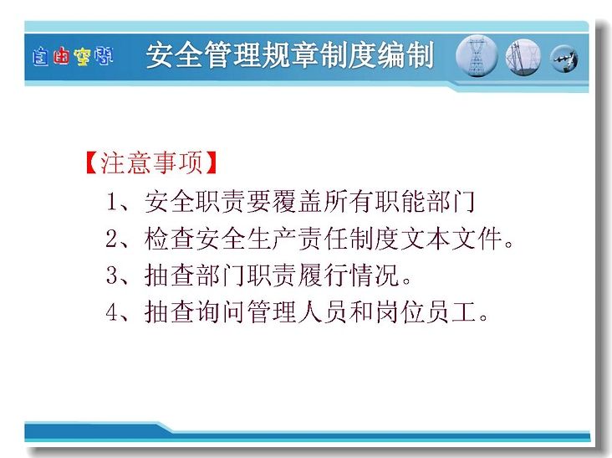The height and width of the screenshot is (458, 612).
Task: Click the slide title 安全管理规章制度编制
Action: [289, 55]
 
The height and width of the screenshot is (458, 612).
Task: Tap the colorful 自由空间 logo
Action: [73, 57]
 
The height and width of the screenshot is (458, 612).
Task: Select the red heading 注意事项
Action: [151, 162]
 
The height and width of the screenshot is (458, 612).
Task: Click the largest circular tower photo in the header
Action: [477, 56]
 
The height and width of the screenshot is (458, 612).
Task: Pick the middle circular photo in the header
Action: [523, 57]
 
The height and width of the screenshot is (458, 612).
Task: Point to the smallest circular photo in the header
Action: [564, 59]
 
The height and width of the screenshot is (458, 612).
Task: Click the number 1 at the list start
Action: [112, 202]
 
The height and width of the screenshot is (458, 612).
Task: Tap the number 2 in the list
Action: [112, 239]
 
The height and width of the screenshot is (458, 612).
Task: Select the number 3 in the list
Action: [112, 275]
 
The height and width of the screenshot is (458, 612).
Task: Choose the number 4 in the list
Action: [112, 311]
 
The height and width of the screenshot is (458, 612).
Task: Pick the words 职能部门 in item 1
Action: [425, 202]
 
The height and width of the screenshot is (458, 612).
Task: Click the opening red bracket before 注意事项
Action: [92, 162]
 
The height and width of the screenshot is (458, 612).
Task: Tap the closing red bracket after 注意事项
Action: [211, 162]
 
